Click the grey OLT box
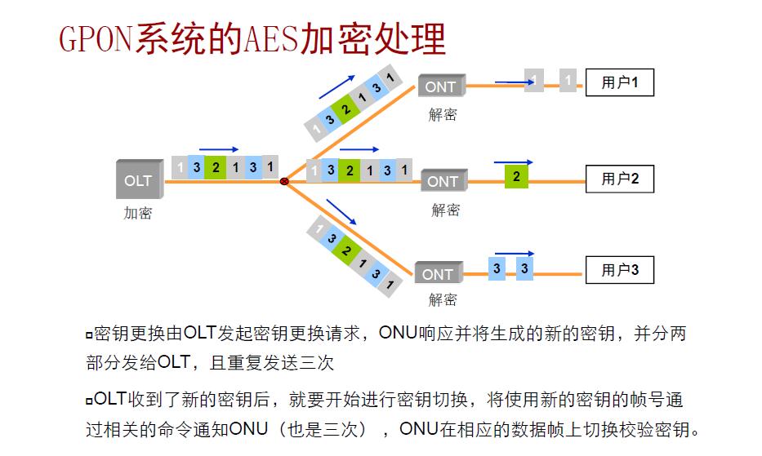pyautogui.click(x=139, y=179)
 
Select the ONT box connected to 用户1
pyautogui.click(x=442, y=86)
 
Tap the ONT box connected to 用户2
pyautogui.click(x=443, y=181)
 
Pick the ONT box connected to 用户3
pyautogui.click(x=438, y=274)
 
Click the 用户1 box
pyautogui.click(x=620, y=82)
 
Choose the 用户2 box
pyautogui.click(x=620, y=178)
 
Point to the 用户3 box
pyautogui.click(x=620, y=270)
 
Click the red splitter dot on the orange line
pyautogui.click(x=284, y=181)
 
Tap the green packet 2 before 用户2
pyautogui.click(x=516, y=176)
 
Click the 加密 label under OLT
pyautogui.click(x=138, y=214)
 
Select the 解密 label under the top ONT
pyautogui.click(x=443, y=115)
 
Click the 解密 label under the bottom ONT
pyautogui.click(x=443, y=300)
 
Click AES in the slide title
pyautogui.click(x=270, y=38)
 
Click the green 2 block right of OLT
pyautogui.click(x=216, y=167)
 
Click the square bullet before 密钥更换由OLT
pyautogui.click(x=88, y=335)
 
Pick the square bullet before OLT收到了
pyautogui.click(x=88, y=401)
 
